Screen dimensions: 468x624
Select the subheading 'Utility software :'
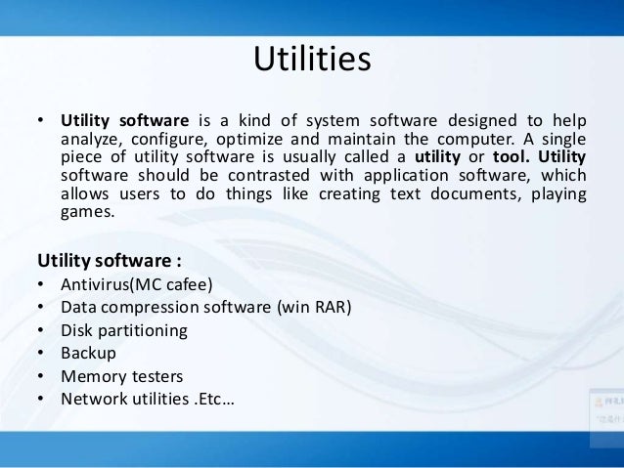tap(111, 261)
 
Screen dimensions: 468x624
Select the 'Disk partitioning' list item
tap(123, 330)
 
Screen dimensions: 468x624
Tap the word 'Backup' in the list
tap(88, 353)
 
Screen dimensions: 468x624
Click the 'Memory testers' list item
tap(121, 375)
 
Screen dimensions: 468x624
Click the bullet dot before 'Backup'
tap(41, 353)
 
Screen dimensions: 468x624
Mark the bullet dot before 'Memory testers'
tap(41, 375)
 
